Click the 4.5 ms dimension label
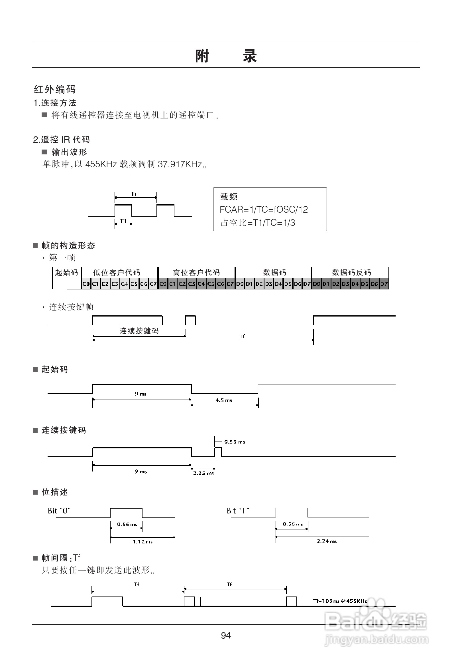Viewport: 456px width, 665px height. (223, 400)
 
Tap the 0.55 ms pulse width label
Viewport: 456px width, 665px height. (235, 442)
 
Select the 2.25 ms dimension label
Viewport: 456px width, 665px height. (203, 473)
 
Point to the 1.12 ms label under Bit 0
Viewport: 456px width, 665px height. (142, 541)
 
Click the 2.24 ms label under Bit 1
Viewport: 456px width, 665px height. (327, 541)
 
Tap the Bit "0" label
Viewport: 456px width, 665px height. (59, 511)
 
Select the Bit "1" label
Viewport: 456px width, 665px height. (238, 511)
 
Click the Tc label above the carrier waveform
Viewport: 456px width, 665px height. (134, 194)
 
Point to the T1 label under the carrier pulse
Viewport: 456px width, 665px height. (123, 221)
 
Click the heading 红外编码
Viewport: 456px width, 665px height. (55, 89)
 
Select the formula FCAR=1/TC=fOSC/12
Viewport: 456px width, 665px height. (264, 209)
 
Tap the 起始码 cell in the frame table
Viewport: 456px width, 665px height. (66, 272)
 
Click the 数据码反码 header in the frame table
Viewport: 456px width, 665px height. (351, 272)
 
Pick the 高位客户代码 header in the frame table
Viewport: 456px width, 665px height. (196, 272)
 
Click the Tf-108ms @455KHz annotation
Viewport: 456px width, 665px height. (340, 601)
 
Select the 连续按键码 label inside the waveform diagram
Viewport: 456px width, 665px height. (139, 331)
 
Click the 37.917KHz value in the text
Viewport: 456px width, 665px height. (180, 164)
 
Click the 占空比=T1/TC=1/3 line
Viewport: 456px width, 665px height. (258, 223)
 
